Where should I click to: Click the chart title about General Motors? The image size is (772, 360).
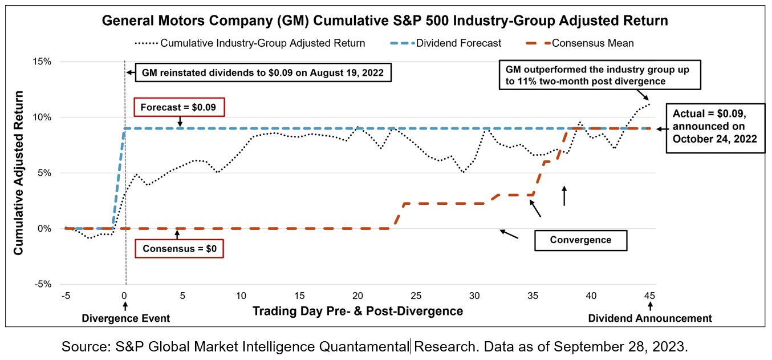pos(385,22)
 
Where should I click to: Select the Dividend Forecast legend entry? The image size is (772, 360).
pos(459,43)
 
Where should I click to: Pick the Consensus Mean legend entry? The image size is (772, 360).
pos(593,43)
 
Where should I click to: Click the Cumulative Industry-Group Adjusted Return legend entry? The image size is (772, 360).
pos(262,43)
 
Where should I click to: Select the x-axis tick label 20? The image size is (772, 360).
pos(357,296)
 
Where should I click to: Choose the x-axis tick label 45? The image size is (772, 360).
pos(649,296)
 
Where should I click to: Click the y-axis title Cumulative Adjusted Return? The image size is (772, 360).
pos(19,172)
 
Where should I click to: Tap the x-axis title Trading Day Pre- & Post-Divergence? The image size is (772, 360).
pos(357,312)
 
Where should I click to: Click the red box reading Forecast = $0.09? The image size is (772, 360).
pos(179,107)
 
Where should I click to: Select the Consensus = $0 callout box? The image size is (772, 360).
pos(179,249)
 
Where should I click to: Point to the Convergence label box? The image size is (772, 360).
pos(580,240)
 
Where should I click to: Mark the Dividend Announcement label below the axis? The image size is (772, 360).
pos(650,318)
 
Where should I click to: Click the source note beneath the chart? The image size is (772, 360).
pos(375,346)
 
